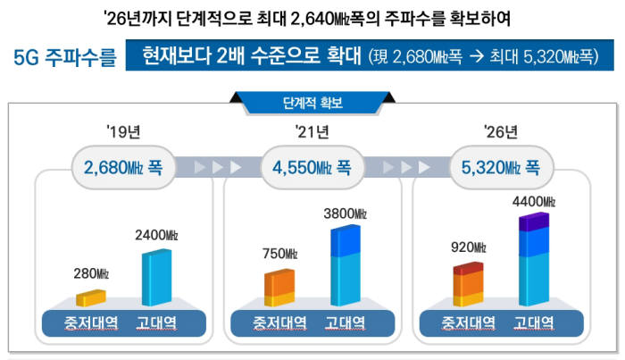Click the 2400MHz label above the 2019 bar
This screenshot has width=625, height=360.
[157, 235]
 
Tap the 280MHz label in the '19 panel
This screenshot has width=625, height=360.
[91, 272]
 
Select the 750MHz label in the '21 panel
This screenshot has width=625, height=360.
[279, 254]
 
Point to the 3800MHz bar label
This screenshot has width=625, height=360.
[346, 213]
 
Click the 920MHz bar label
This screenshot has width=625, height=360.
[468, 247]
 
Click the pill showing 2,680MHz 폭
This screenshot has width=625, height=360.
[123, 166]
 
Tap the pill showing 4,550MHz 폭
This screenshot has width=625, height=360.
[312, 166]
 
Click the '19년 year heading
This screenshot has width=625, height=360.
[123, 133]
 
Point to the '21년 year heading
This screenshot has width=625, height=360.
[312, 133]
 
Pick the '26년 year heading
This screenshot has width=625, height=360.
[500, 133]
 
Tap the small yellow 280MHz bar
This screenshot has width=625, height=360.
[91, 297]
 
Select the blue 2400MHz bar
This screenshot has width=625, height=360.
[158, 277]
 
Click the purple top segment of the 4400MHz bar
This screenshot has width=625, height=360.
[535, 222]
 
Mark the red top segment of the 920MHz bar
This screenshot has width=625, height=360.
[468, 268]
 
